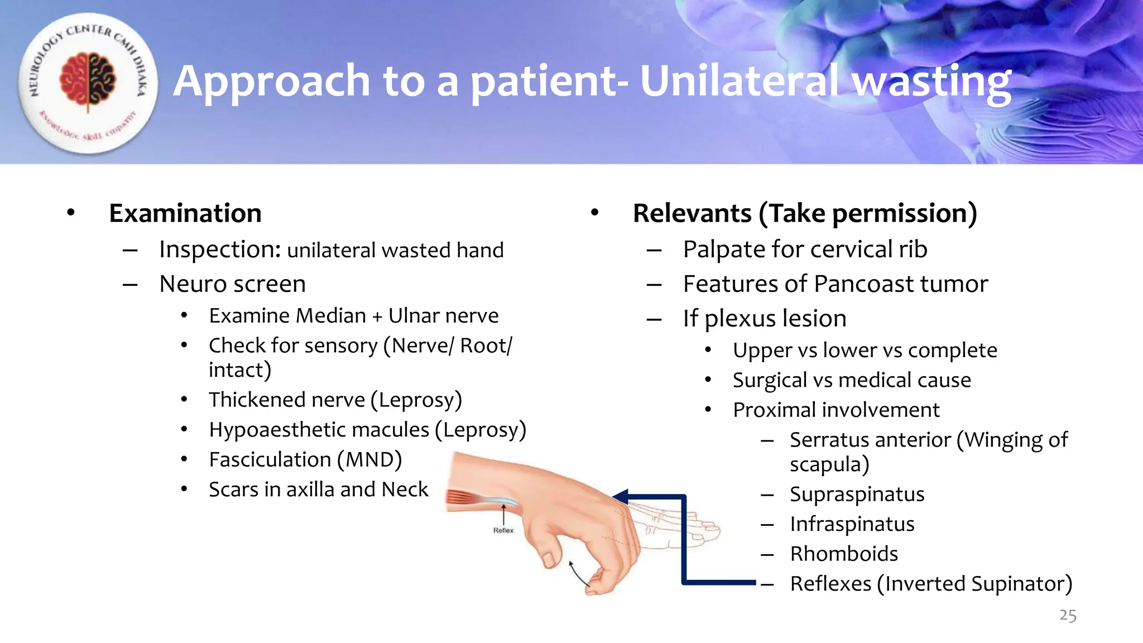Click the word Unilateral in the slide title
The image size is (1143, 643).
[738, 81]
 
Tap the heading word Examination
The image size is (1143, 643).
[185, 213]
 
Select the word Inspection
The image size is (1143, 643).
[220, 249]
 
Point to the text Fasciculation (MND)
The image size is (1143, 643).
[305, 460]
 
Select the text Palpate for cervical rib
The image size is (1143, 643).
[805, 249]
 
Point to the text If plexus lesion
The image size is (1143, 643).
[765, 319]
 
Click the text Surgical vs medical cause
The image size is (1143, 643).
[852, 380]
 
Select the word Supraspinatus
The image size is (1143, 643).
[857, 495]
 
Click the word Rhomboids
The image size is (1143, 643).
[844, 554]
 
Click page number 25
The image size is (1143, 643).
[1067, 616]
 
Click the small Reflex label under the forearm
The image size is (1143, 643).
[503, 531]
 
